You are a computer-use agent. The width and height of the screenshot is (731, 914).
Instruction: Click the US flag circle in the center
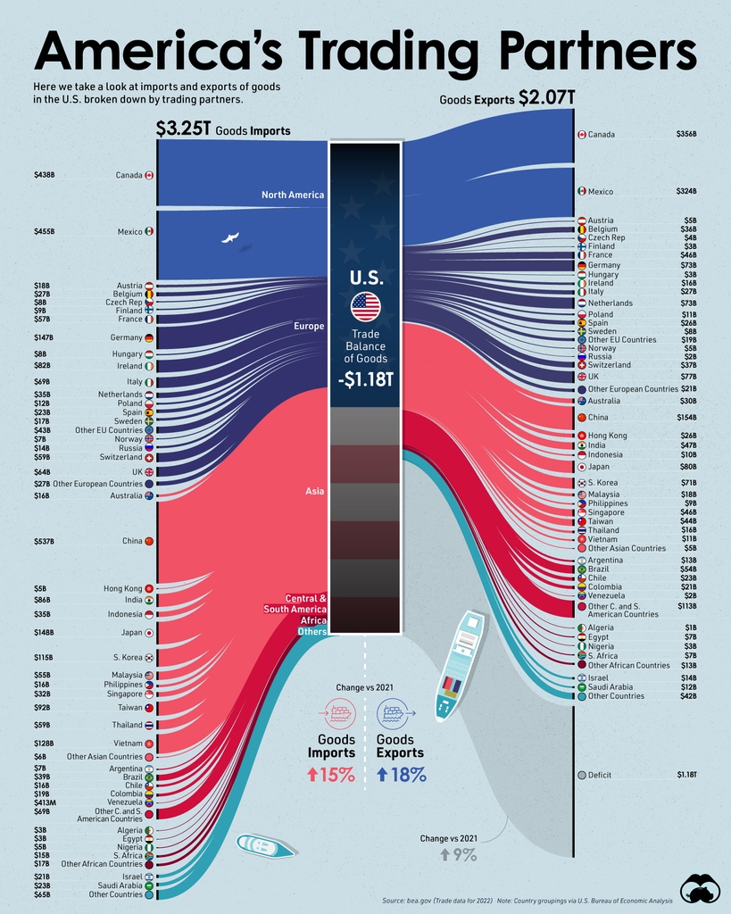(365, 307)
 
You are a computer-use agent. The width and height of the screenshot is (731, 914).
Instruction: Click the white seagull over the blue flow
(230, 238)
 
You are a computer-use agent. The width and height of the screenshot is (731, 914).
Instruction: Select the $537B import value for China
(45, 541)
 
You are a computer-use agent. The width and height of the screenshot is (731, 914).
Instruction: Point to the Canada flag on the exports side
(581, 135)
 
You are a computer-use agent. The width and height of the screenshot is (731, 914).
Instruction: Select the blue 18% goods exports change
(401, 774)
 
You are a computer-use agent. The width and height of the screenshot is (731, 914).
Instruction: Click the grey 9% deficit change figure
(458, 854)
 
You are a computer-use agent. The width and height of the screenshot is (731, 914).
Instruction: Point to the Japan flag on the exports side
(581, 466)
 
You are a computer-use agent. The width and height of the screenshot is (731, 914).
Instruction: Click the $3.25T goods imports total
(183, 129)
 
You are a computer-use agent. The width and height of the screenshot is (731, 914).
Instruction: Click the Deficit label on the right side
(599, 775)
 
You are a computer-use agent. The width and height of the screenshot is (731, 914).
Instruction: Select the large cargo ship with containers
(460, 665)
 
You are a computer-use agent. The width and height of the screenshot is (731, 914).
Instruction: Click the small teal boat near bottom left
(265, 846)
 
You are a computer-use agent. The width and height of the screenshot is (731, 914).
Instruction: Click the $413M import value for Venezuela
(46, 802)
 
